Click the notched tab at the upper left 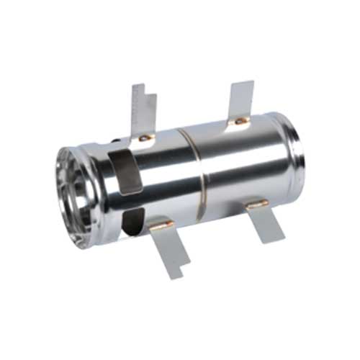pos(143,108)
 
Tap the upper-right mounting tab pos(240,98)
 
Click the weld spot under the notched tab pos(145,137)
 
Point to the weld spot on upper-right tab pos(240,121)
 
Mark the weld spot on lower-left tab pos(160,225)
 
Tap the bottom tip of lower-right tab pos(275,240)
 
